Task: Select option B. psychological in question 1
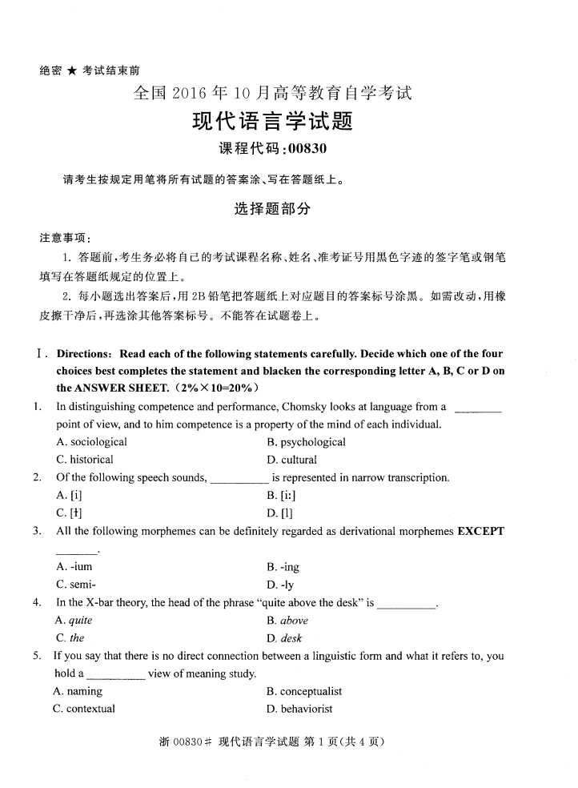click(x=307, y=442)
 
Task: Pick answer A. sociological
click(x=91, y=442)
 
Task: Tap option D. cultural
click(x=292, y=460)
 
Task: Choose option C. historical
click(x=85, y=460)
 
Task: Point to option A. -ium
click(x=74, y=567)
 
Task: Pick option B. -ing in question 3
click(x=283, y=567)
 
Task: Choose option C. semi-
click(x=77, y=585)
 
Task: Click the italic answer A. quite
click(x=74, y=621)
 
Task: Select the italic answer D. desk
click(x=285, y=638)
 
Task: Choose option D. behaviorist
click(x=300, y=709)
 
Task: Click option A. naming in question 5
click(x=78, y=691)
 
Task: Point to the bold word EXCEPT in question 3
click(x=480, y=531)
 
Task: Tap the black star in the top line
click(x=72, y=71)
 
